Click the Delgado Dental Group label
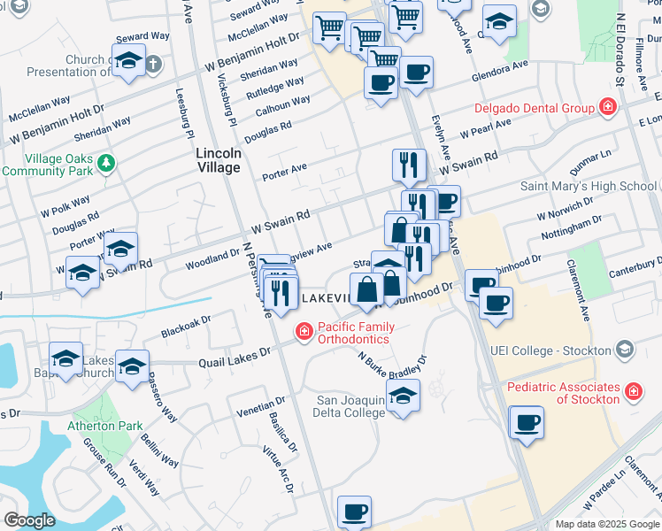[534, 109]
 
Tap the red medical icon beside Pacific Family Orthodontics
[304, 331]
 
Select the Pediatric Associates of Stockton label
[563, 393]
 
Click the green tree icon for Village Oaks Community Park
[106, 163]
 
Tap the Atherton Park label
[105, 426]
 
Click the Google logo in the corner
[29, 520]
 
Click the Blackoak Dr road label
[187, 327]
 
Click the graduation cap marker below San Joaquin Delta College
[403, 396]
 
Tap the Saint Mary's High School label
[588, 186]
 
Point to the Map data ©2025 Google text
[607, 523]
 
